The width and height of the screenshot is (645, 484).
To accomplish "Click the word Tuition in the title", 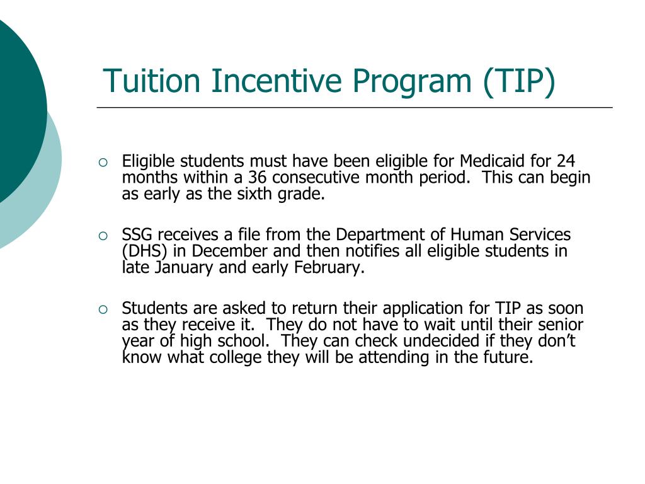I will (152, 81).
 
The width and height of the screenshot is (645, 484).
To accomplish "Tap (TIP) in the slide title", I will (520, 82).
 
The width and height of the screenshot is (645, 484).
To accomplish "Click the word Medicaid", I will (487, 161).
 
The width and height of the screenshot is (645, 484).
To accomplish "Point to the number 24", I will (566, 161).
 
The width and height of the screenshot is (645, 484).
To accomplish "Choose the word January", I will (176, 268).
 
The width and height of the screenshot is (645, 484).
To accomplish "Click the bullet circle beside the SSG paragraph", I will (104, 236).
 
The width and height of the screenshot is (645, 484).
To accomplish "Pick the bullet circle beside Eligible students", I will (104, 161).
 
